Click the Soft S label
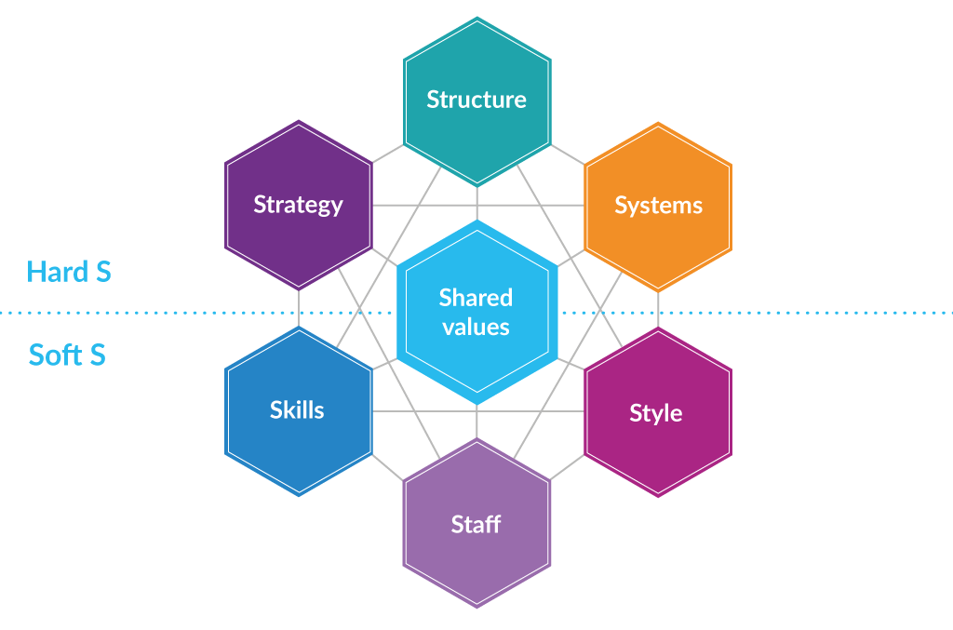pyautogui.click(x=67, y=355)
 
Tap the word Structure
pyautogui.click(x=476, y=100)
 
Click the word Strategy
pyautogui.click(x=299, y=205)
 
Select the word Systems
pyautogui.click(x=658, y=205)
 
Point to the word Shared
pyautogui.click(x=476, y=298)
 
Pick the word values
pyautogui.click(x=476, y=327)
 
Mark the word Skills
pyautogui.click(x=297, y=409)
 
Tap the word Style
pyautogui.click(x=656, y=413)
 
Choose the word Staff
pyautogui.click(x=476, y=524)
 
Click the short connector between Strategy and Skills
pyautogui.click(x=299, y=308)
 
